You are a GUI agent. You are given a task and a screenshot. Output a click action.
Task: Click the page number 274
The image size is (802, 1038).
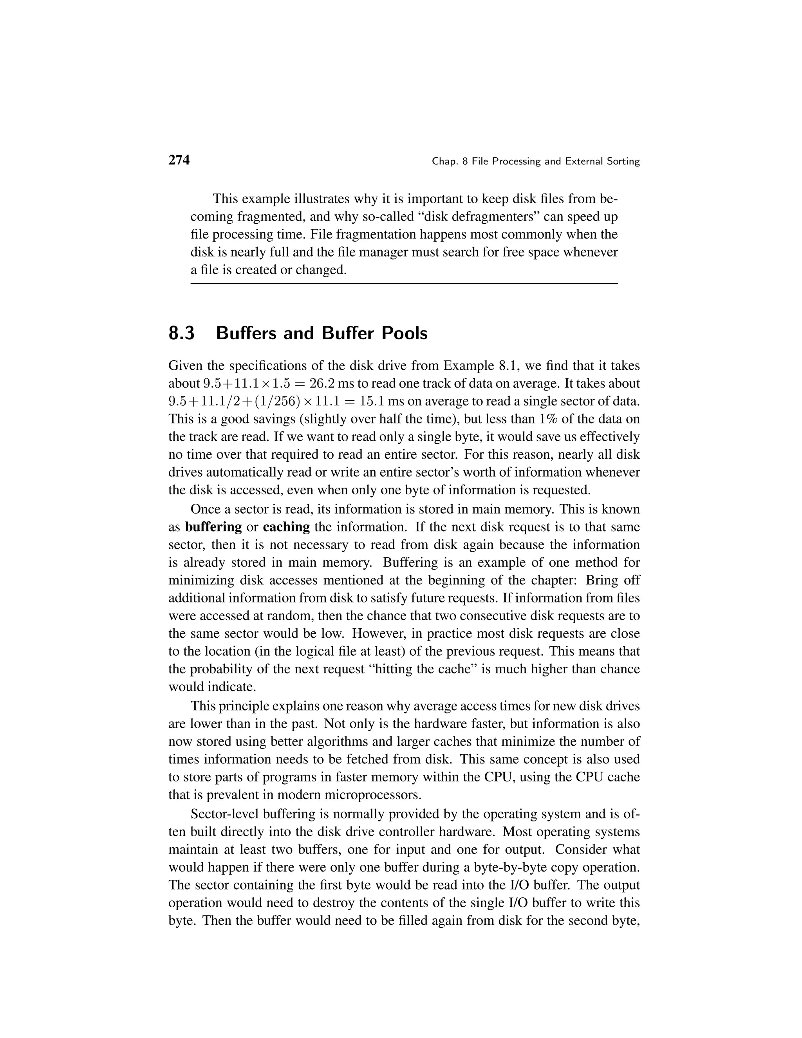179,160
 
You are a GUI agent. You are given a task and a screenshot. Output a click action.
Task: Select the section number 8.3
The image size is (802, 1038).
181,334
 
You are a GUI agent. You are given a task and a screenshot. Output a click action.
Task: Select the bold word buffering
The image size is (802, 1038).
213,527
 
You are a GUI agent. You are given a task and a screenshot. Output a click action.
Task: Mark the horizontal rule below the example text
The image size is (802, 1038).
404,284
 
